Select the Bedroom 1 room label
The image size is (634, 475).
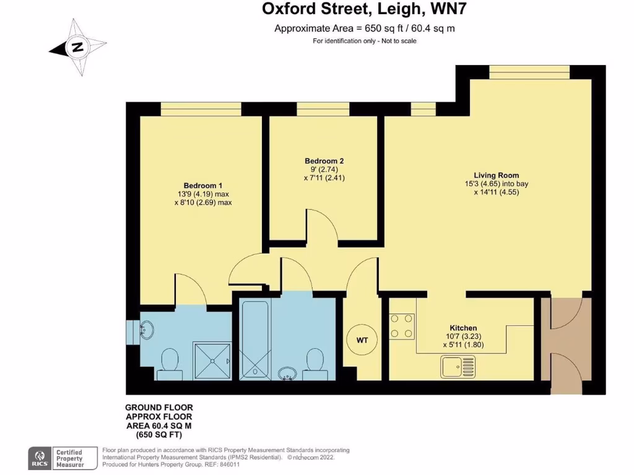tap(202, 186)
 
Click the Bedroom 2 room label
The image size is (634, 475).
tap(324, 161)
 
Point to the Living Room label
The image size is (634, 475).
tap(496, 175)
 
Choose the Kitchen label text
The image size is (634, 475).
tap(462, 328)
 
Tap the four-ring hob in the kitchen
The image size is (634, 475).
tap(402, 326)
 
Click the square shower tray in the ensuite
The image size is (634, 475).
tap(212, 360)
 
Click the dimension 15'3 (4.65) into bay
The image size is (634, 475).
tap(496, 184)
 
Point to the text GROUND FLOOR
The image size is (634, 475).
tap(158, 408)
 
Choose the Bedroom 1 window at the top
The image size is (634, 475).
tap(200, 109)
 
